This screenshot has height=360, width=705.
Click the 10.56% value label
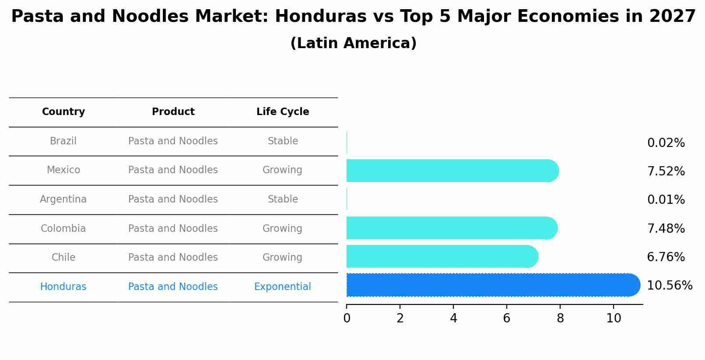tap(669, 286)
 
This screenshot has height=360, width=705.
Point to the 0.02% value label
tap(666, 143)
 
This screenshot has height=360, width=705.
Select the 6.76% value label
tap(666, 257)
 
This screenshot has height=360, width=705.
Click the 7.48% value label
tap(666, 229)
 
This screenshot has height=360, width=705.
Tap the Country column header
tap(63, 112)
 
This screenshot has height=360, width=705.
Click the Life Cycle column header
tap(283, 112)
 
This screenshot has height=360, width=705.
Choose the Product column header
tap(173, 112)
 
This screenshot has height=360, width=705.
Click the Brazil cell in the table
tap(63, 141)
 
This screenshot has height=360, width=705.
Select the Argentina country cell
tap(63, 199)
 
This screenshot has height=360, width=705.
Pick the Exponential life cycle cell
tap(283, 287)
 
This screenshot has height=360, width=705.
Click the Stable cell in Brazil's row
tap(283, 141)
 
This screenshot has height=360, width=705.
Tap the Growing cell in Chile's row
tap(283, 258)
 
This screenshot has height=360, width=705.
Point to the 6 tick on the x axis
tap(507, 318)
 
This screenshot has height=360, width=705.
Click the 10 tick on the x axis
tap(614, 318)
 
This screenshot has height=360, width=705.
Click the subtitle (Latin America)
tap(353, 43)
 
